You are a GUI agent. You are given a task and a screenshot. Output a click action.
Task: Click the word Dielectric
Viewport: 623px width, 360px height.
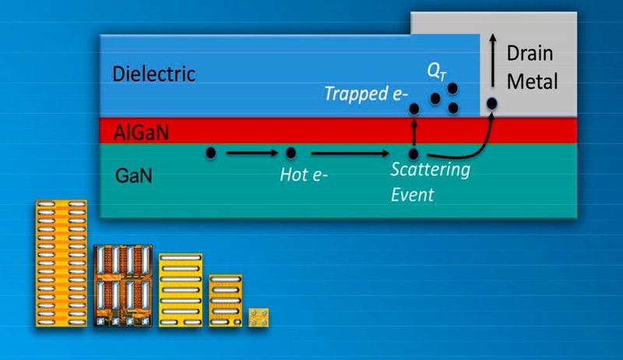coord(153,75)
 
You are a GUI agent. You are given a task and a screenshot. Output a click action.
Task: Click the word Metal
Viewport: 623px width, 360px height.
coord(533,81)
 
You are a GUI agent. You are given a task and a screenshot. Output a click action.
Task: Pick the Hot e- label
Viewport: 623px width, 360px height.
coord(303,175)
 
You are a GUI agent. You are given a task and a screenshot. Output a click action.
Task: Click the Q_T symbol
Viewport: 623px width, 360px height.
coord(436,71)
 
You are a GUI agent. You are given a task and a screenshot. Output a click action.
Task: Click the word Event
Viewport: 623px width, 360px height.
coord(414,194)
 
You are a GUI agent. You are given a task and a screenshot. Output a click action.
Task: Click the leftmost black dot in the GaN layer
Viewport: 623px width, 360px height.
coord(211,153)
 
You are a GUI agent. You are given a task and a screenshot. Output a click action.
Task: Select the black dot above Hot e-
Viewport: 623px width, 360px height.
coord(290,153)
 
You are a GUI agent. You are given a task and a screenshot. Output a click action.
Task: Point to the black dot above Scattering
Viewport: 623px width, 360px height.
coord(414,154)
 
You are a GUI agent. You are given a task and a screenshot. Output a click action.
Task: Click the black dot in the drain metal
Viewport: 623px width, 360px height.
coord(492,102)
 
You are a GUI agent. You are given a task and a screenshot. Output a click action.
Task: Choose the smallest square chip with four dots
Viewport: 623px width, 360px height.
coord(259,316)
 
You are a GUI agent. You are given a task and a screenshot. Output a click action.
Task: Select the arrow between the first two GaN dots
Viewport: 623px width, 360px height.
coord(250,153)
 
